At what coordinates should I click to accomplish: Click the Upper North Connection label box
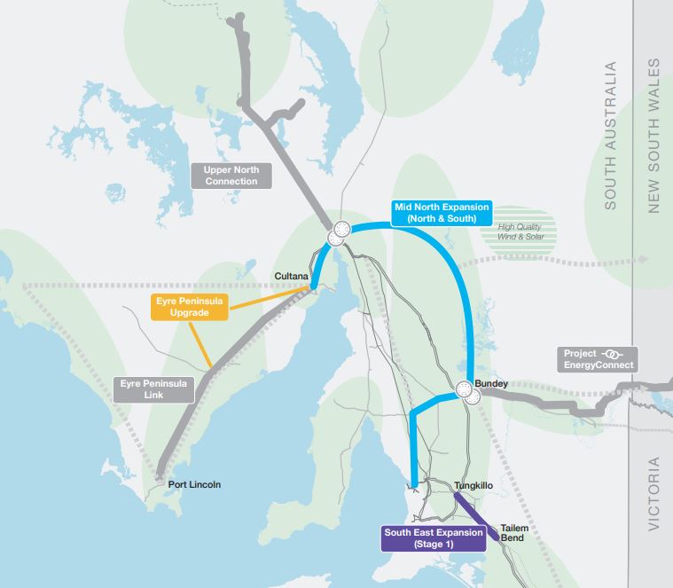coord(230,175)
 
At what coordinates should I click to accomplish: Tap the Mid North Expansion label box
coord(440,212)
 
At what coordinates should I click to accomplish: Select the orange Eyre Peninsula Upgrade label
coord(188,307)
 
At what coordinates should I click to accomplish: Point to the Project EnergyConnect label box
coord(598,359)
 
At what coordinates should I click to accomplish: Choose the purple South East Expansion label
coord(432,538)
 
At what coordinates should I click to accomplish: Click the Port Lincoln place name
coord(194,485)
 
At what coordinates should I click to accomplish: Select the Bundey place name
coord(491,384)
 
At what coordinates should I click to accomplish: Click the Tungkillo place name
coord(472,486)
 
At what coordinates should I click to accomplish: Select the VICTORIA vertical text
coord(654,494)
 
